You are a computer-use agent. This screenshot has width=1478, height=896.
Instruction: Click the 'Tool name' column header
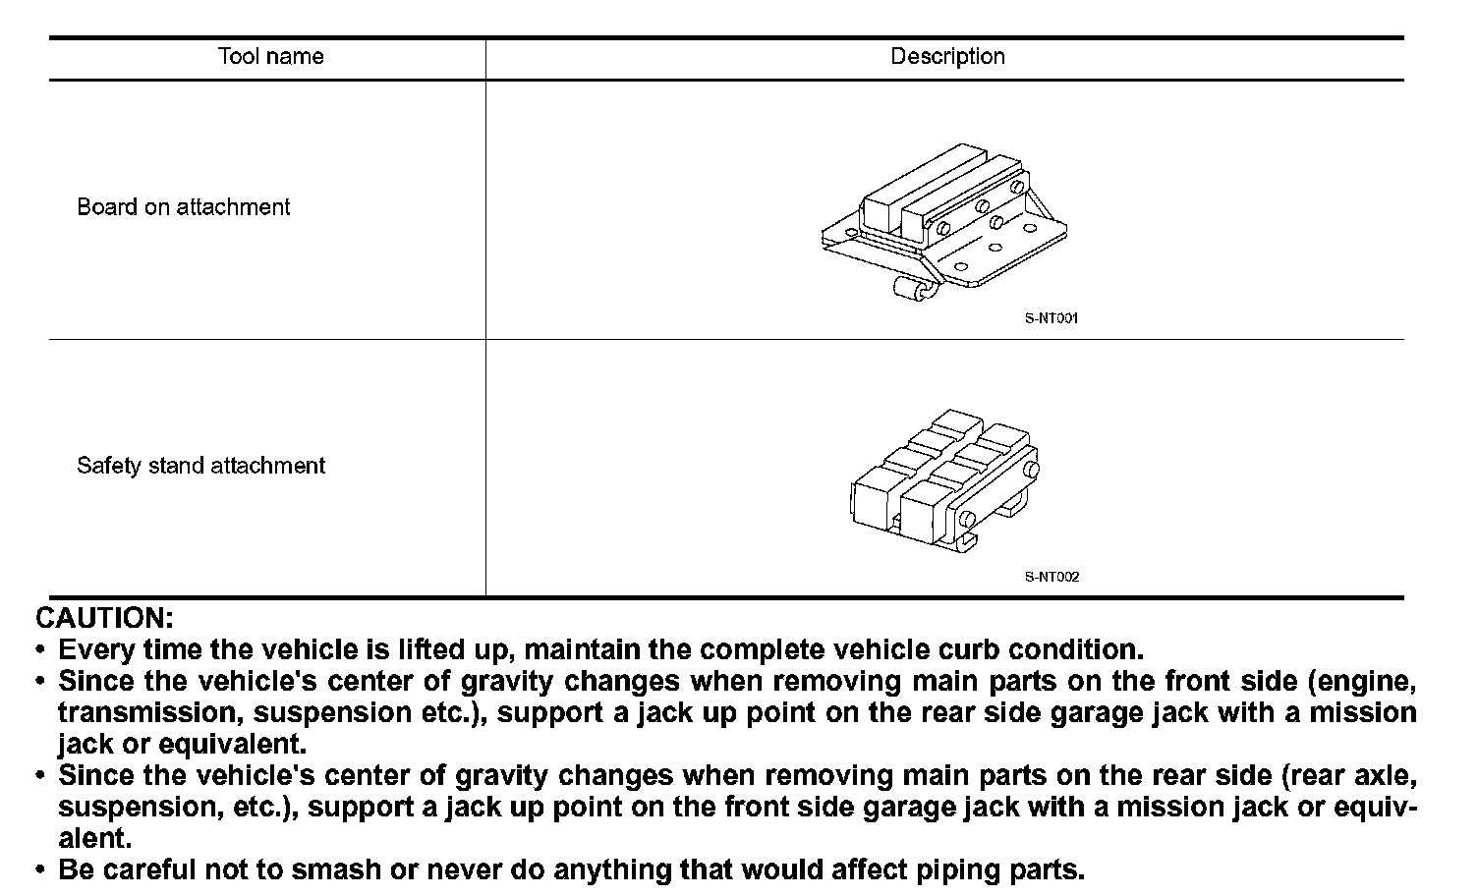point(270,56)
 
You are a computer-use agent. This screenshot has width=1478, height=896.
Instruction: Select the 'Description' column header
point(947,56)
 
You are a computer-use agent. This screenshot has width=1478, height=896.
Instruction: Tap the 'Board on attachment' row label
point(184,207)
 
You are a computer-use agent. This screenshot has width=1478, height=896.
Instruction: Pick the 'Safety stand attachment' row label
point(200,466)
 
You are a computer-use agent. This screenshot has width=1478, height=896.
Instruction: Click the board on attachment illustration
point(943,221)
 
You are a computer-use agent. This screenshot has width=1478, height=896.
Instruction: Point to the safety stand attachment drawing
point(942,478)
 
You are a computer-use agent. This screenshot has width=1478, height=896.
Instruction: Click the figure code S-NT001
point(1052,318)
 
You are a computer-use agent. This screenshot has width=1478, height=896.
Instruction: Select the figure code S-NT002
point(1052,577)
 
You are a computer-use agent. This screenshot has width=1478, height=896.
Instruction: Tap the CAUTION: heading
point(104,618)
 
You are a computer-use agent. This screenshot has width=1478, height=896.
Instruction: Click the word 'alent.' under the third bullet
point(94,838)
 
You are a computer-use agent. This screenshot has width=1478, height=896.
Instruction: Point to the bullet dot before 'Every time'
point(40,651)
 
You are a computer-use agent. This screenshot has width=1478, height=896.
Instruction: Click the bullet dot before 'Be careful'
point(40,871)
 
